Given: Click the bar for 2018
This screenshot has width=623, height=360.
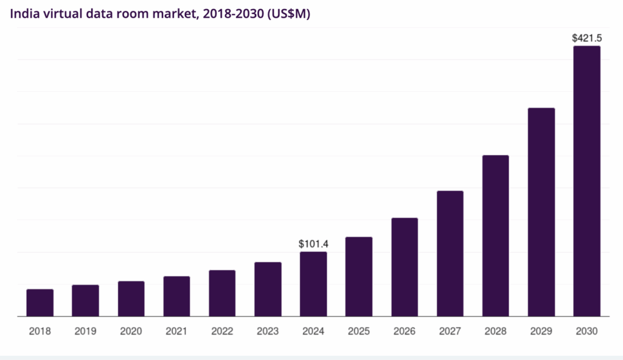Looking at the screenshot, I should tap(40, 303).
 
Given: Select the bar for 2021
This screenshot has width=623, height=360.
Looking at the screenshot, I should tap(176, 296).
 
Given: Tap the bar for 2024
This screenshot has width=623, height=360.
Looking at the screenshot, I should tap(313, 284).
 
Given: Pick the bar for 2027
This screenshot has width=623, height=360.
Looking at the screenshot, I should tap(450, 254).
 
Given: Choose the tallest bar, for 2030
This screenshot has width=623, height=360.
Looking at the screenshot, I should tap(587, 181).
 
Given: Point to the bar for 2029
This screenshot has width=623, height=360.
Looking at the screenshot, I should tap(541, 212).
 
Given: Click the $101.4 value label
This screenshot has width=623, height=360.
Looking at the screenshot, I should tap(313, 244).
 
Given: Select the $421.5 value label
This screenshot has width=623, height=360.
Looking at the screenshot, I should tap(587, 38).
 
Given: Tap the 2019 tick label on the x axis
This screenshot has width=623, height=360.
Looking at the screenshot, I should tap(85, 331).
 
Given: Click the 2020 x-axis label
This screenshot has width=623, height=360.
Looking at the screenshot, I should tap(131, 331).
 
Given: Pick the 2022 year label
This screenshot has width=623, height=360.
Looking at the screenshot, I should tap(222, 331).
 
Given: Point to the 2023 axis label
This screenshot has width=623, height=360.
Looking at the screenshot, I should tap(268, 331).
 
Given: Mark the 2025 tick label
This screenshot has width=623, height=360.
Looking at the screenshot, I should tap(359, 331).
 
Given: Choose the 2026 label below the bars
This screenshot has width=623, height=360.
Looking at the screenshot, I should tap(405, 331).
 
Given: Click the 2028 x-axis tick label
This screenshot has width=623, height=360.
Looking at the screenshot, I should tap(496, 331).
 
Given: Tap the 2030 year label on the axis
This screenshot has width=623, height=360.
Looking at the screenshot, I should tap(587, 331).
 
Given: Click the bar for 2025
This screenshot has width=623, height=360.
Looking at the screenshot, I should tap(359, 277).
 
